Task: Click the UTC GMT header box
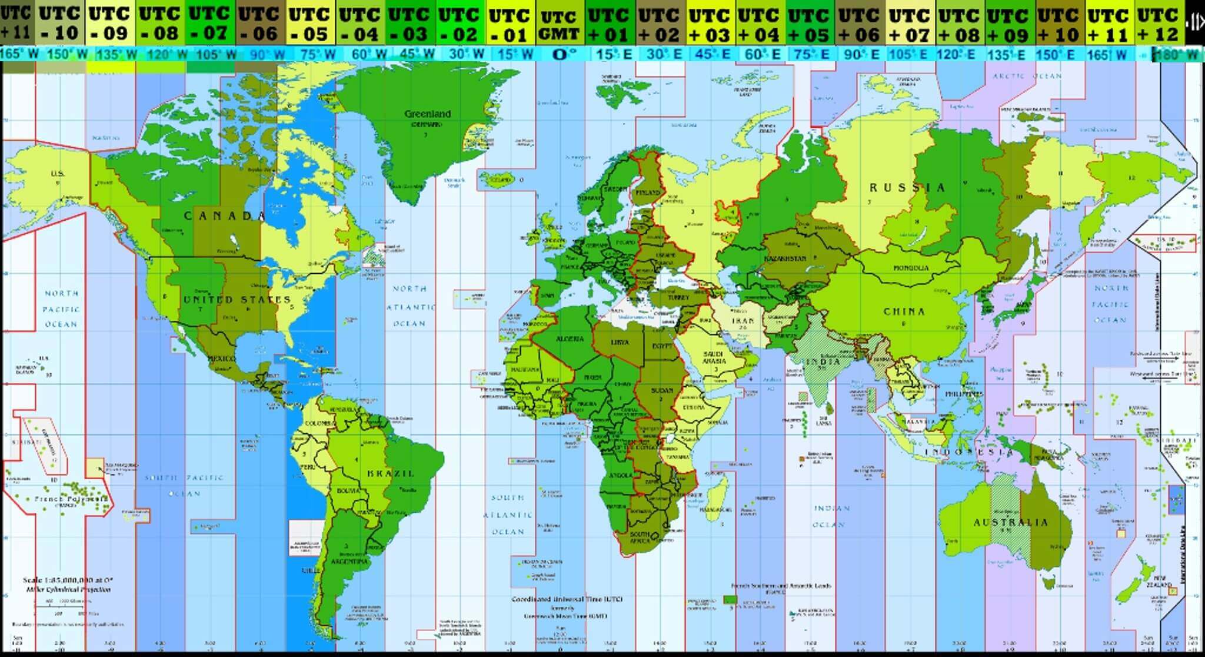coord(558,25)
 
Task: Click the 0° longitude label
coord(564,54)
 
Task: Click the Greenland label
coord(428,114)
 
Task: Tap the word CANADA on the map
coord(224,216)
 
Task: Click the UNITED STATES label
coord(237,300)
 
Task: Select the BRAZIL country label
coord(391,473)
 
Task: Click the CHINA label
coord(904,311)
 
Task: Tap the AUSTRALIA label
coord(1010,522)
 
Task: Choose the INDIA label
coord(823,361)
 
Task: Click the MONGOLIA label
coord(911,268)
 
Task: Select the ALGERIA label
coord(570,339)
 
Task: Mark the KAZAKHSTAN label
coord(785,258)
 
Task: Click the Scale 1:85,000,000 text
coord(68,580)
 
